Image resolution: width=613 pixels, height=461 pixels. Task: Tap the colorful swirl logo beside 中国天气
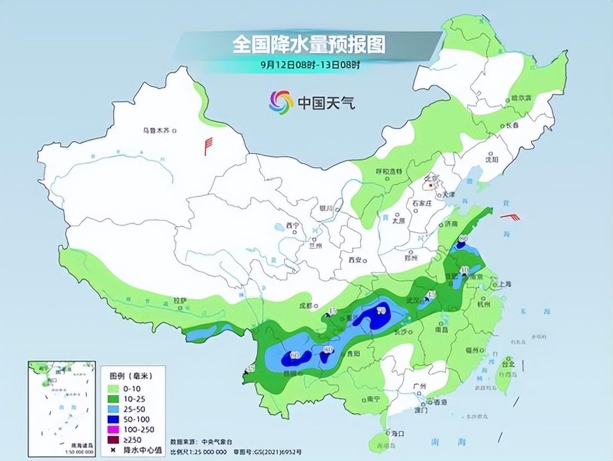(x=281, y=102)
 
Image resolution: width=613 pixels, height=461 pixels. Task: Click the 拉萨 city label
(x=179, y=301)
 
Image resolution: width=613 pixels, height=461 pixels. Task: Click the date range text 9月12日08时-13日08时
(x=310, y=64)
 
